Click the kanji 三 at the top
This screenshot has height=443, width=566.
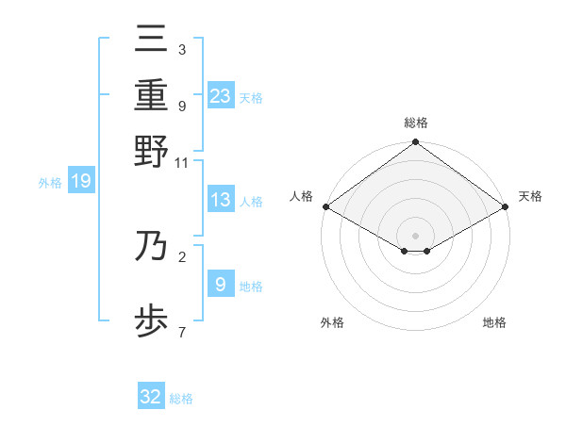point(152,40)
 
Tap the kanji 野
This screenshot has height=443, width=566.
point(152,152)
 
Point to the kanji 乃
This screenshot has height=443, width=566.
point(152,248)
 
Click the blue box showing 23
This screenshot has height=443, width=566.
point(221,95)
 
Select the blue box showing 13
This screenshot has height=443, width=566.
point(221,200)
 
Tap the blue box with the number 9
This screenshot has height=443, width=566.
point(221,284)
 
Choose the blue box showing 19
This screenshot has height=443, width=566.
point(81,182)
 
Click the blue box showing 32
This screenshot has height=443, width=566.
point(151,397)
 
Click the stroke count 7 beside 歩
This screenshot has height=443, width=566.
point(181,333)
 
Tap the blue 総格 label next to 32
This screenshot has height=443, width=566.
point(181,399)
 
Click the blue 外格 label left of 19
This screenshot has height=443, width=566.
point(50,183)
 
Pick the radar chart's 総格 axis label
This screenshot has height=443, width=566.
point(415,123)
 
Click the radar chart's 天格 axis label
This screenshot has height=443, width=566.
point(530,196)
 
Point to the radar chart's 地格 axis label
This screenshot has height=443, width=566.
point(494,322)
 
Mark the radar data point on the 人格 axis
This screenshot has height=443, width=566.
point(325,206)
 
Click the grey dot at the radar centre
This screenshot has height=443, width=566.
point(415,235)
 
